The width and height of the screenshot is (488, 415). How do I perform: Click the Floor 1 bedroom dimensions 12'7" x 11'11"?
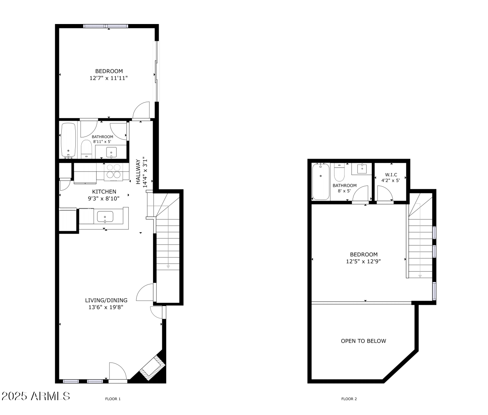[109, 79]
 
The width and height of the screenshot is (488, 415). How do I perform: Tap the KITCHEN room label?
[104, 191]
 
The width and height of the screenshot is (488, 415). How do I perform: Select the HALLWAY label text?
[138, 172]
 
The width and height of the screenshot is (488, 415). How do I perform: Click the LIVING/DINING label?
[106, 300]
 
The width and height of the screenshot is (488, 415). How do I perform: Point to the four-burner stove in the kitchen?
[113, 171]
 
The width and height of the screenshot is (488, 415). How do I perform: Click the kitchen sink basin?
[105, 217]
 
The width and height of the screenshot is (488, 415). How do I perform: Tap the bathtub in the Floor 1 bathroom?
[69, 140]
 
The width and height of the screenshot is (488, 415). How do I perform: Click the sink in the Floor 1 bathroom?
[111, 152]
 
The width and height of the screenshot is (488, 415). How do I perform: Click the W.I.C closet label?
[391, 175]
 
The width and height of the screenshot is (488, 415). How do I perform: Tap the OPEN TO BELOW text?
[363, 341]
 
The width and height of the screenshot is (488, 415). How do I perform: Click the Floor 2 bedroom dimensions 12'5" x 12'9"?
[363, 261]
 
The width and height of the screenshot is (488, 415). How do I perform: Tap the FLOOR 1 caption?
[113, 399]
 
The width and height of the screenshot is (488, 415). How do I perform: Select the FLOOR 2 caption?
[349, 399]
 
